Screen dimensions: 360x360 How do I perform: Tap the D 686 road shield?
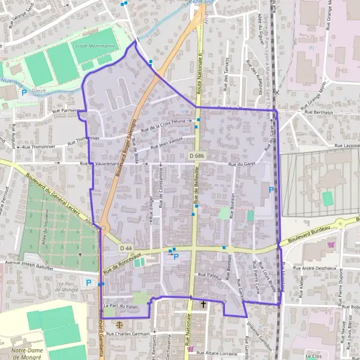(x=195, y=156)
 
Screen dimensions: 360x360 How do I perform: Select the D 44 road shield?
(x=125, y=248)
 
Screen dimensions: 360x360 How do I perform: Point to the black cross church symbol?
(x=203, y=304)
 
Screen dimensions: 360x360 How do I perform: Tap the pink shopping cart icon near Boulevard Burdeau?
(x=331, y=244)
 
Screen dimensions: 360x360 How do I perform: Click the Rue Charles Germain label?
(x=127, y=334)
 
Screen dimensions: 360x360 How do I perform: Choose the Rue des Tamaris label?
(x=226, y=76)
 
